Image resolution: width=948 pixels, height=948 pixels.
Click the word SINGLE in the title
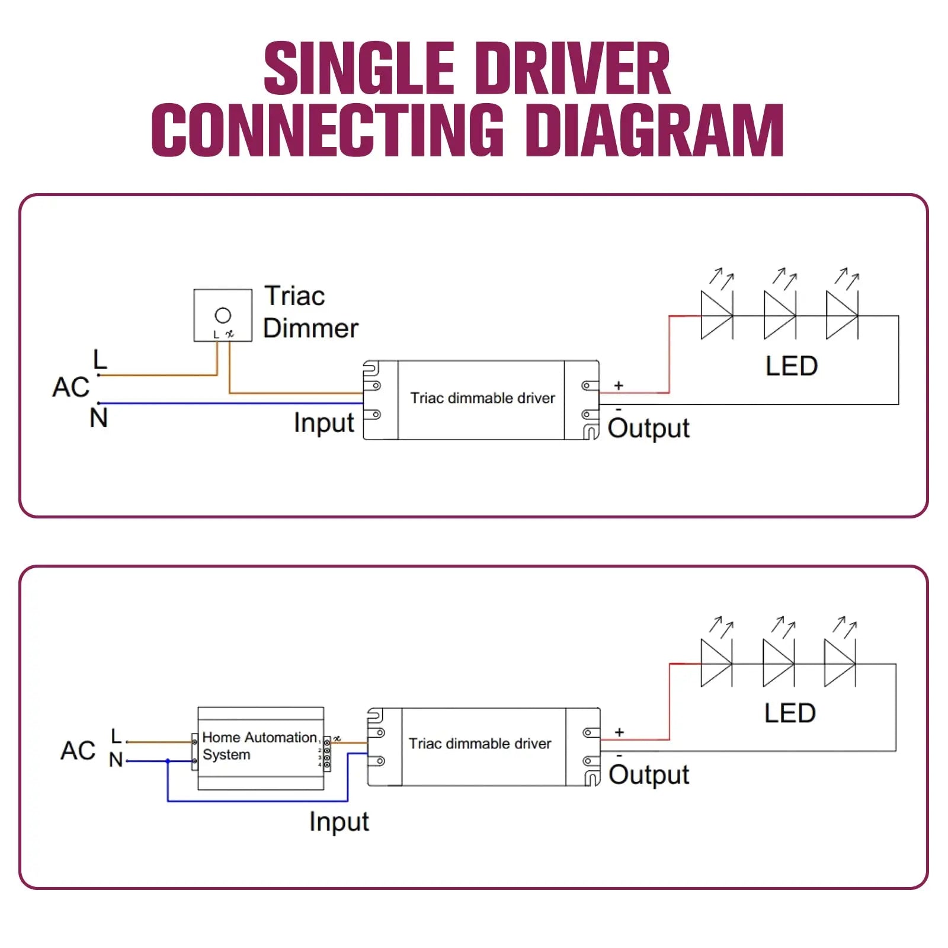pos(358,68)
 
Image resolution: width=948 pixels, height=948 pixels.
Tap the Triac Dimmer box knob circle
pos(223,315)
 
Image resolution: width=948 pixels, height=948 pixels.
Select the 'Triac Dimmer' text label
pos(310,312)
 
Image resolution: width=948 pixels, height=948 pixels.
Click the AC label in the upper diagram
pos(71,387)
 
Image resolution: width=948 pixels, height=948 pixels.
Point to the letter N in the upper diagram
pos(99,418)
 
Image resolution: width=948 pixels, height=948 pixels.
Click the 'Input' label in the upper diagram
pos(324,423)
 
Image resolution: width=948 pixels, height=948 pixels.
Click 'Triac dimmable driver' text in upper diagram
pos(482,398)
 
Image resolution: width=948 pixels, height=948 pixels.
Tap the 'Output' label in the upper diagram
pos(648,428)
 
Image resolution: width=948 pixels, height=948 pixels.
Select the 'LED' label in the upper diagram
pos(791,366)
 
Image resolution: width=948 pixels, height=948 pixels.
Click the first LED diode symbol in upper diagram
pos(716,315)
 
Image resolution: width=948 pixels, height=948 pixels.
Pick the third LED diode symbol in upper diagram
pos(841,315)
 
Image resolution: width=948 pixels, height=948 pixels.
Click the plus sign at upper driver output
pos(619,386)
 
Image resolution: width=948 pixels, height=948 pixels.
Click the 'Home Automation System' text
pos(260,745)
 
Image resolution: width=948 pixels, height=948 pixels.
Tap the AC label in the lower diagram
pos(78,751)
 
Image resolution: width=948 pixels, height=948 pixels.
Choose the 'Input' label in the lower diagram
pos(339,822)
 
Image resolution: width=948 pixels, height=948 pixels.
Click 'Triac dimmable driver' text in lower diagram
pos(480,744)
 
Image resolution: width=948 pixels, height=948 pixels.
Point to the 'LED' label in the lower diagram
pos(790,713)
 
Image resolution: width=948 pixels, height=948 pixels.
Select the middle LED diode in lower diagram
pos(778,664)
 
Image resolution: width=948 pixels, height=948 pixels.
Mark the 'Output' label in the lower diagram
pos(648,775)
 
